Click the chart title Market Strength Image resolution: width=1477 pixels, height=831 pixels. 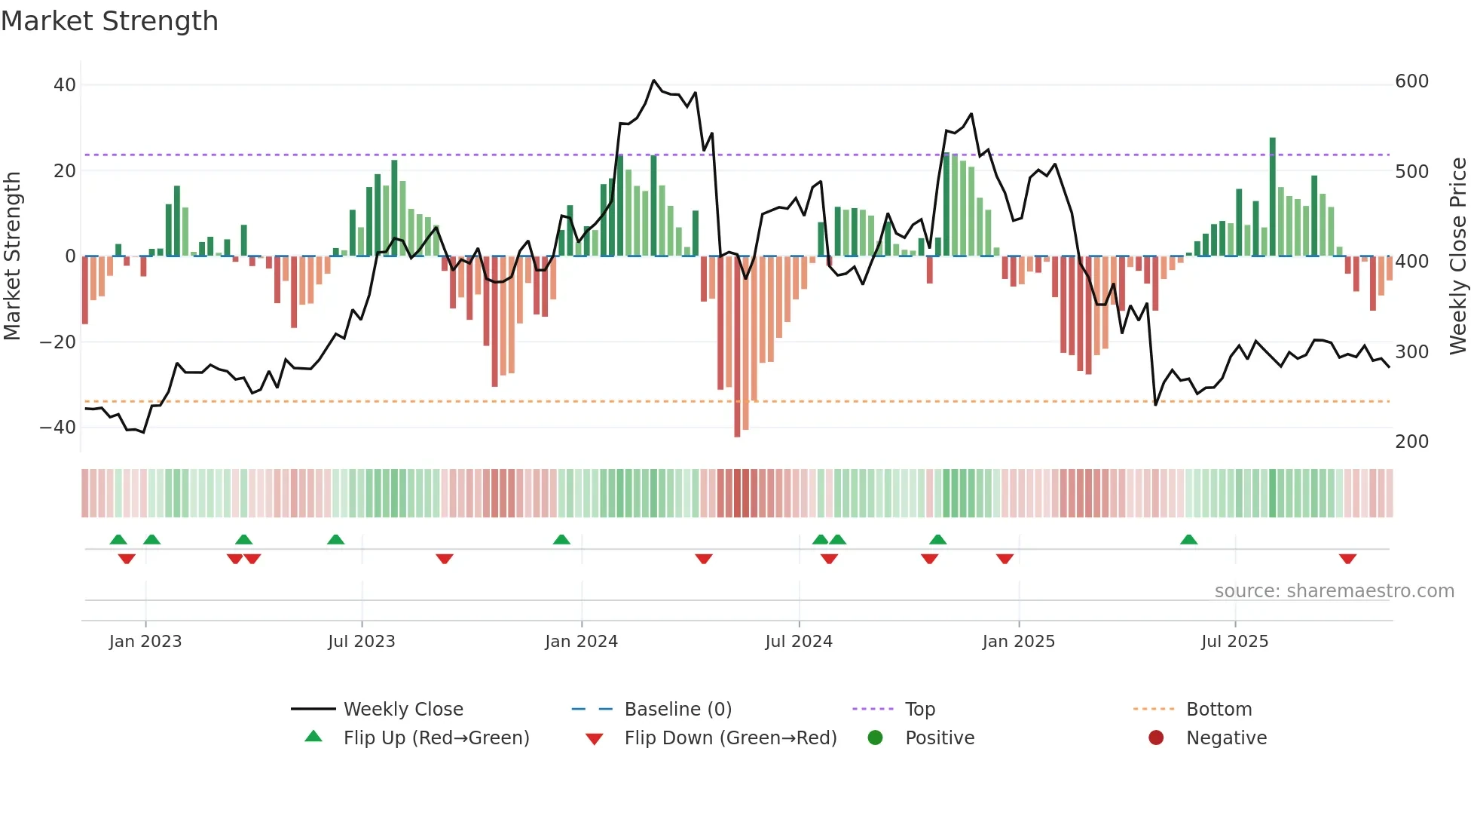coord(109,21)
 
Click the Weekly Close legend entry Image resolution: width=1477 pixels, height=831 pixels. coord(402,709)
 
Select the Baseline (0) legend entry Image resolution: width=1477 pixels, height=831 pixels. coord(677,709)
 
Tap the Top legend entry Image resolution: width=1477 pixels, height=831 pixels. coord(919,709)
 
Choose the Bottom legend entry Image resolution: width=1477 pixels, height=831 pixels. coord(1219,709)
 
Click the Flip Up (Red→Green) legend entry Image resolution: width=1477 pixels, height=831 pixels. coord(436,737)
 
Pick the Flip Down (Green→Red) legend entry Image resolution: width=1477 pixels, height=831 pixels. coord(729,737)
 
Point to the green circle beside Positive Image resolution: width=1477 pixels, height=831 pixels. coord(875,737)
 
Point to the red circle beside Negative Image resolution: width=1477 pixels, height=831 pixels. coord(1156,737)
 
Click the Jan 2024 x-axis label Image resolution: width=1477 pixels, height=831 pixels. coord(581,641)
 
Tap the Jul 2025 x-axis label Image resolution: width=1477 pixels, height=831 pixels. coord(1234,641)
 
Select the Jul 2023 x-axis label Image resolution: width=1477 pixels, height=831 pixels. coord(361,641)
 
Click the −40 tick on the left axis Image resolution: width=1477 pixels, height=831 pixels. coord(58,427)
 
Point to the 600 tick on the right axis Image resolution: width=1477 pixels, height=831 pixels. coord(1411,81)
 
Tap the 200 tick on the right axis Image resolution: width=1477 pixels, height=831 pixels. coord(1411,441)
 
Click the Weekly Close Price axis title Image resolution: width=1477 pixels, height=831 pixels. coord(1458,256)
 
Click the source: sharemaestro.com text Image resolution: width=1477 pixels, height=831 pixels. coord(1334,590)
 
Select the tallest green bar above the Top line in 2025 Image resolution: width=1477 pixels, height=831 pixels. coord(1273,196)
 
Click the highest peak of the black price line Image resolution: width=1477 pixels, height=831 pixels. coord(654,80)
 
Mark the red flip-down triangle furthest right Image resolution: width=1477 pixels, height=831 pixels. coord(1347,559)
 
